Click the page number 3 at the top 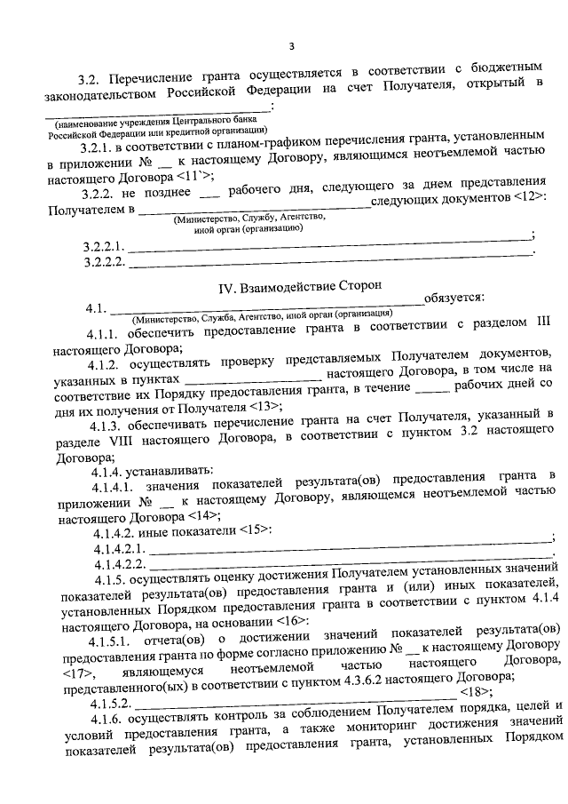(290, 47)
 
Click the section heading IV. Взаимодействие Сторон (300, 286)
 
